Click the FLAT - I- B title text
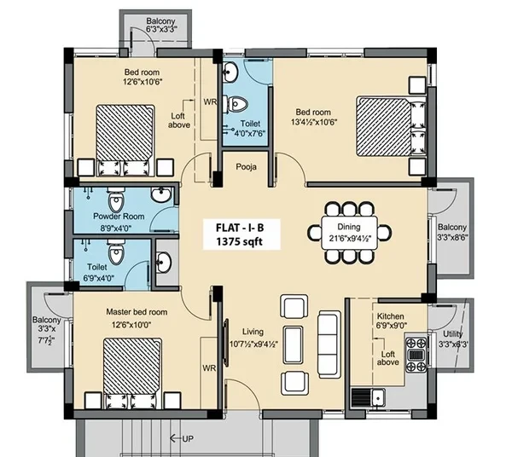click(239, 228)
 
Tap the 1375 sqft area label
click(239, 241)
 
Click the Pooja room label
click(247, 167)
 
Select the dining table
click(349, 232)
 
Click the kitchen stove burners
click(416, 355)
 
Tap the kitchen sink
click(368, 397)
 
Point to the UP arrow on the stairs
click(182, 439)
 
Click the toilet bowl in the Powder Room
click(116, 200)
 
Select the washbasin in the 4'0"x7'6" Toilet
click(230, 72)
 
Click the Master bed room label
click(137, 312)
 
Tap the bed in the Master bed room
click(132, 373)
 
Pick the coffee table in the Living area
click(293, 344)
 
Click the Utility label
click(452, 334)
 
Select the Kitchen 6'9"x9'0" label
click(391, 321)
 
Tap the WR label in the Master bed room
click(209, 368)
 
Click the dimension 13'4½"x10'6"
click(314, 122)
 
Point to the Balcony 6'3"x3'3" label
click(161, 25)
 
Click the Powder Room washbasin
click(161, 194)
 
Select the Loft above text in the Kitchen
click(388, 358)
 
